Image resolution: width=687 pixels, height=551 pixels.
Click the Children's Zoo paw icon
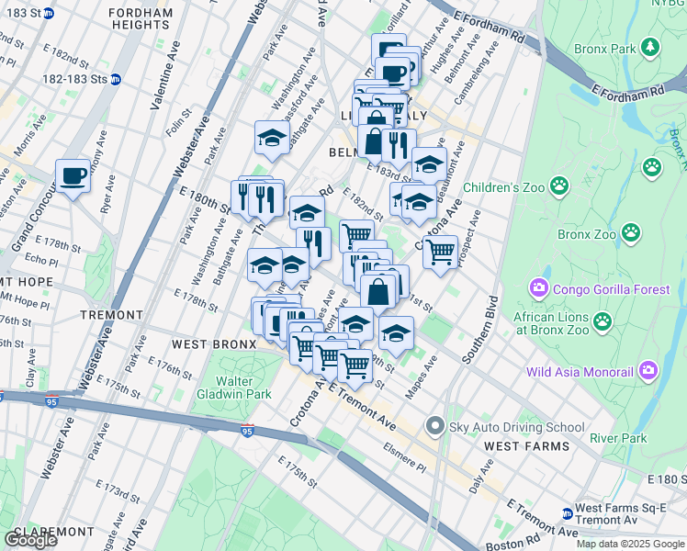point(560,186)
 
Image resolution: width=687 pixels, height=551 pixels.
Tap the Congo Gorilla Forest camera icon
point(538,289)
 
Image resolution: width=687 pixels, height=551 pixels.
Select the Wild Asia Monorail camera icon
point(649,371)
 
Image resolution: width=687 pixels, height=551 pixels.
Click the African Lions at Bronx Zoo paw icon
point(603,321)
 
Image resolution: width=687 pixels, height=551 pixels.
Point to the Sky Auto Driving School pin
point(434,426)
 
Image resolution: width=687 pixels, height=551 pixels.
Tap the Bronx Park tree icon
point(651,47)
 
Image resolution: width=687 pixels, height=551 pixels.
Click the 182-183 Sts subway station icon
point(115,79)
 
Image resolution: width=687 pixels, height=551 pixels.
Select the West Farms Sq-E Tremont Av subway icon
point(568,513)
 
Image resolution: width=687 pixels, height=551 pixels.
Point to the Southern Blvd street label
point(480,330)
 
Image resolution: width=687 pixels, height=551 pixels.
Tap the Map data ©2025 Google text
point(629,544)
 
